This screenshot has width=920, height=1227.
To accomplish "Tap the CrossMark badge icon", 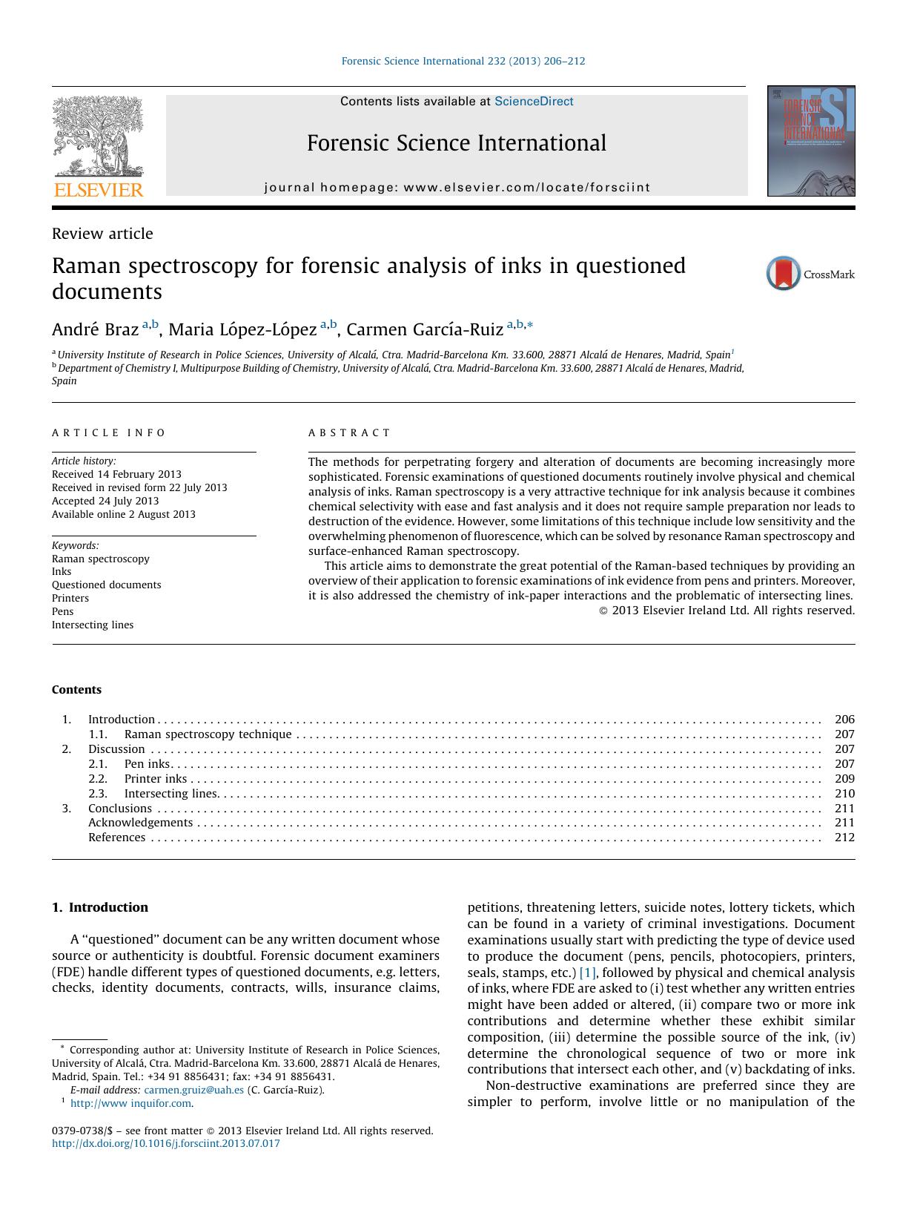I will (x=784, y=274).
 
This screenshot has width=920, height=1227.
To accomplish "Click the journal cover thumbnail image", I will (x=810, y=141).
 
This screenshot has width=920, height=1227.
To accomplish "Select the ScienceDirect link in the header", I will (x=534, y=102).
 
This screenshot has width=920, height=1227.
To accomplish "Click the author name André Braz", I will (x=95, y=329).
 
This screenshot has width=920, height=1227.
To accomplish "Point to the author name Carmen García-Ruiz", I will (x=425, y=329).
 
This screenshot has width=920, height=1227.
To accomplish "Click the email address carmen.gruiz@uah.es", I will (x=193, y=1090).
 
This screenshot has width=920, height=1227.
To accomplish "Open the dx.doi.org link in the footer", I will (x=166, y=1143).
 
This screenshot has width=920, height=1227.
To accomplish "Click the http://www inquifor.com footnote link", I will (x=131, y=1103).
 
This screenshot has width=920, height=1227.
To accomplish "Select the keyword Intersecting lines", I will (x=93, y=625).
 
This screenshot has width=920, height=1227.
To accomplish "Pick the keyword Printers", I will (x=70, y=598).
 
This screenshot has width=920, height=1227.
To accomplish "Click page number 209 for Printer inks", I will (x=844, y=778).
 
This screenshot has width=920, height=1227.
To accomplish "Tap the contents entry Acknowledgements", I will (x=140, y=822).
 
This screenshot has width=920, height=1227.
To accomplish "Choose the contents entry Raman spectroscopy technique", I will (x=208, y=734).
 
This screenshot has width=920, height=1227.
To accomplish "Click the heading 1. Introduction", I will (x=100, y=907).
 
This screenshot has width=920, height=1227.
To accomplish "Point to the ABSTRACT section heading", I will (x=349, y=432).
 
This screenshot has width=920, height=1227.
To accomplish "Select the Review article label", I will (x=102, y=234).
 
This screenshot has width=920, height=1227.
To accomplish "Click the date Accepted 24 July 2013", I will (x=105, y=501).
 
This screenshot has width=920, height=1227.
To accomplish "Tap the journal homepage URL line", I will (x=457, y=188).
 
